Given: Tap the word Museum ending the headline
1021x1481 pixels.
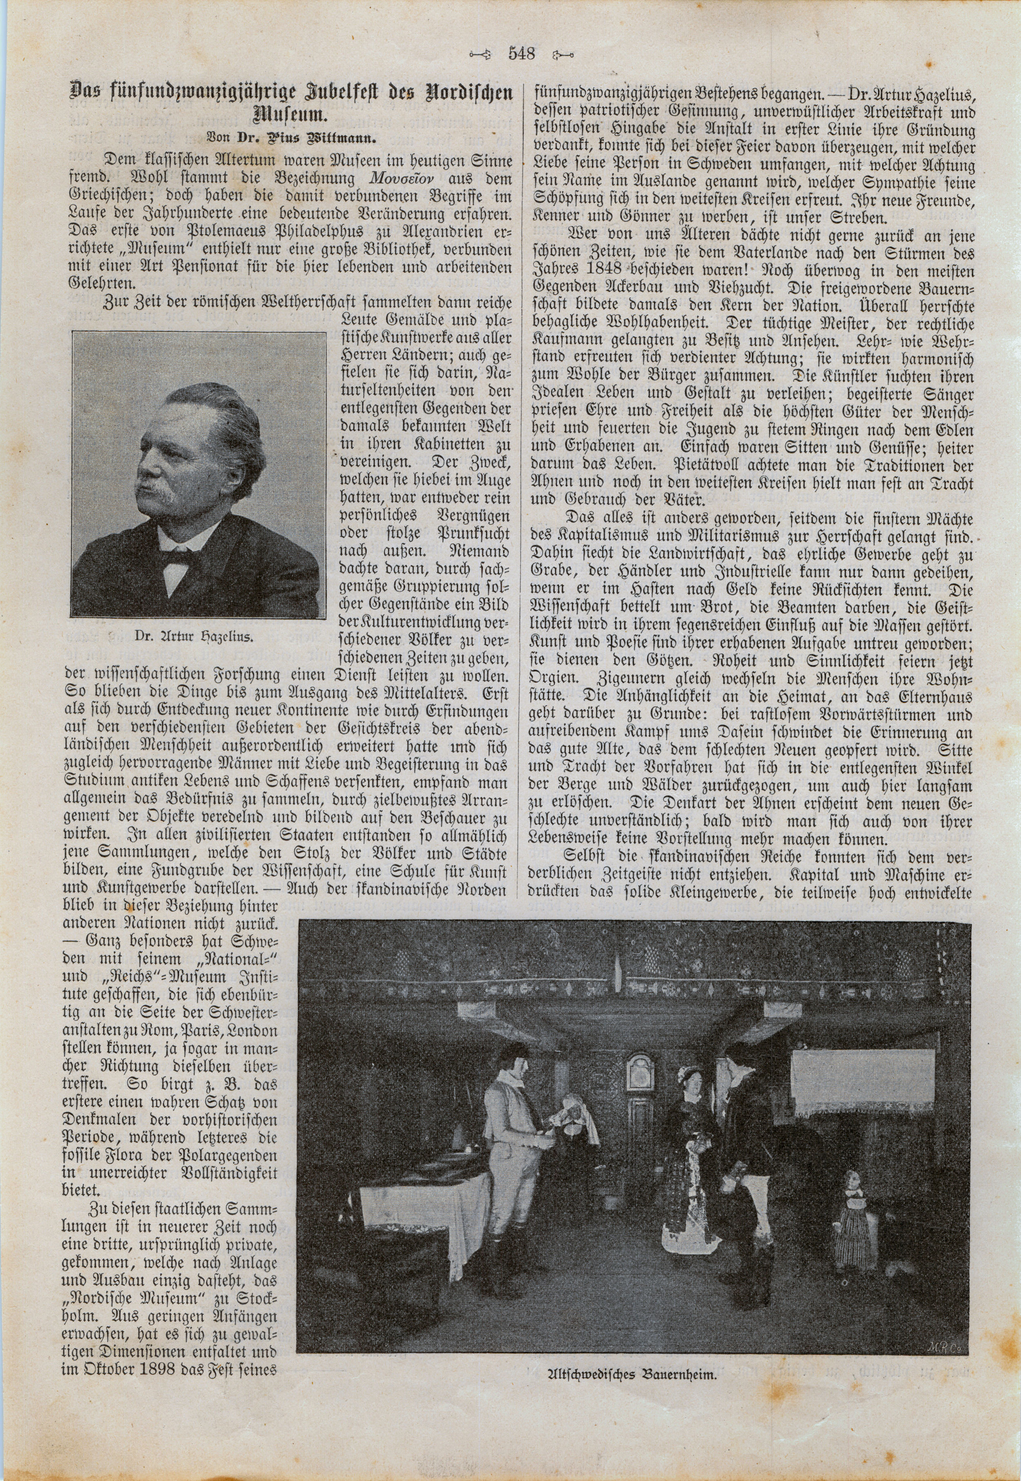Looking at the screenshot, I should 291,116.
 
